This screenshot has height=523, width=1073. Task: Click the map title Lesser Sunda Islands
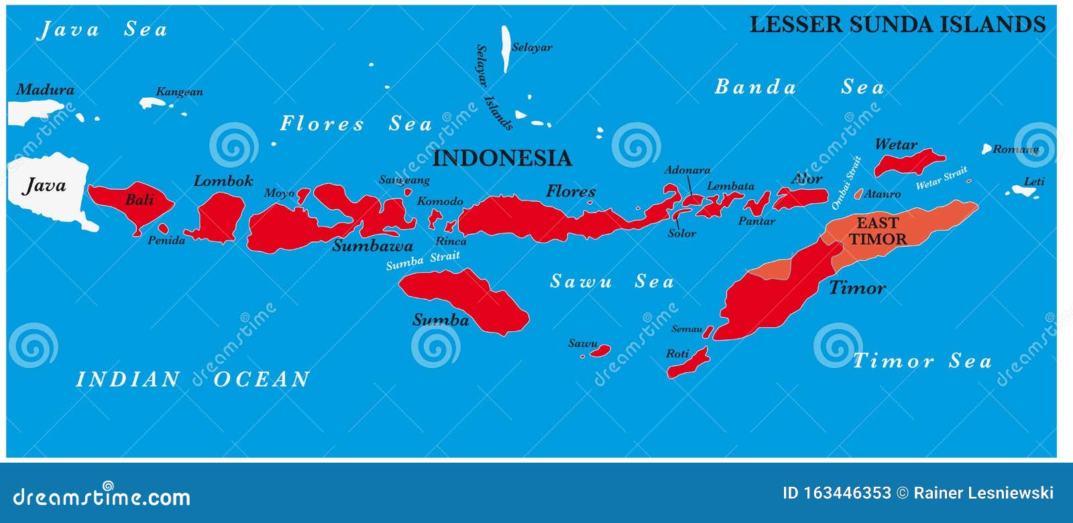897,25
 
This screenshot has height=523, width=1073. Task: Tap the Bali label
139,199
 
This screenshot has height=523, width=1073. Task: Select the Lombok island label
223,180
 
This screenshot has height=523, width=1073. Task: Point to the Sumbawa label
372,245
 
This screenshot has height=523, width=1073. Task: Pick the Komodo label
440,201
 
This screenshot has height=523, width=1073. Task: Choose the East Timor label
878,231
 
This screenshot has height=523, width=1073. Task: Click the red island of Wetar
909,163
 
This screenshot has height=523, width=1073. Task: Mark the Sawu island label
583,343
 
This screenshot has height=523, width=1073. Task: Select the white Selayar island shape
506,49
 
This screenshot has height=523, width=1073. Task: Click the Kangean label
179,92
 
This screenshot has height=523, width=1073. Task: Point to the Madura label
45,89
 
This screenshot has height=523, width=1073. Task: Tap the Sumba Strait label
422,260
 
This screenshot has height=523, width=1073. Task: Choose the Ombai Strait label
846,182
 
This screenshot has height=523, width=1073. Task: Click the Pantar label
756,221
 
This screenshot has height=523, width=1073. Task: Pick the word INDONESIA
502,158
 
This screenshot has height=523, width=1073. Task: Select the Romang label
1015,149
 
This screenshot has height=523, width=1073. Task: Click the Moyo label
279,193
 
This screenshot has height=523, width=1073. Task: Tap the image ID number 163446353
836,493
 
